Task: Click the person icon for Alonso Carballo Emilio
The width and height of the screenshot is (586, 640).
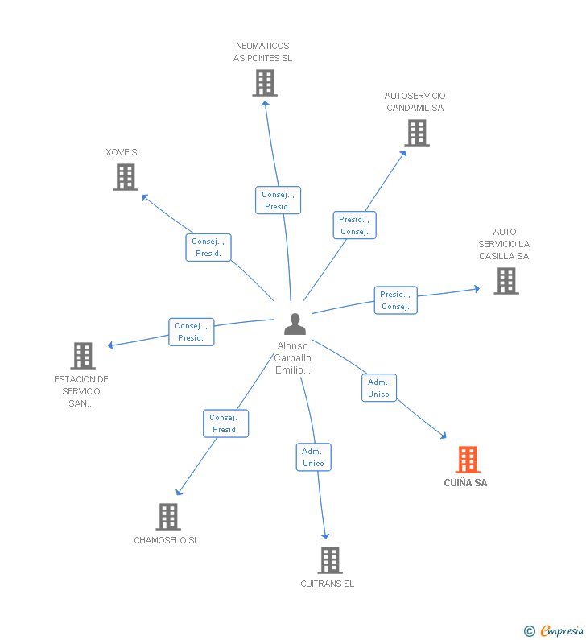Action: coord(295,324)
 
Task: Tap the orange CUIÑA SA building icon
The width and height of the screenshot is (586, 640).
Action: coord(468,460)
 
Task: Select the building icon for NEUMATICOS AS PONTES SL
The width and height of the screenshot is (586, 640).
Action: coord(264,83)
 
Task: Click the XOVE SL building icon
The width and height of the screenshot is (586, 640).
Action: coord(126,177)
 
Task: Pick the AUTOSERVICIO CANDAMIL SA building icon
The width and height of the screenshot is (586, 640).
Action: coord(416,133)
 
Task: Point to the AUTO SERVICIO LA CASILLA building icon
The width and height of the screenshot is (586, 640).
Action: coord(506,281)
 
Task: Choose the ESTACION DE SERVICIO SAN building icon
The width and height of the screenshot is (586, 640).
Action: coord(83,355)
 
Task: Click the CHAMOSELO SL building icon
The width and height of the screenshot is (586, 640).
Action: coord(167,517)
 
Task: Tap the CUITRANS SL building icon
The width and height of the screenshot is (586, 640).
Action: coord(329,560)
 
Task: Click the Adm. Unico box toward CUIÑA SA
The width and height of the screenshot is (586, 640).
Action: coord(378,388)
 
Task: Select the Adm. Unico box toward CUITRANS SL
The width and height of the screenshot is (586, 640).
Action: coord(313,457)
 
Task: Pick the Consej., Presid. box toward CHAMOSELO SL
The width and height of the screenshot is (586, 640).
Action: coord(225,423)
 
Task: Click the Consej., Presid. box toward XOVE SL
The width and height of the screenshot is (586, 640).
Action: coord(208,247)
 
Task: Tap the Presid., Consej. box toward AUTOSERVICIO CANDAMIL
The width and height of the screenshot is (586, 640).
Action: coord(354,225)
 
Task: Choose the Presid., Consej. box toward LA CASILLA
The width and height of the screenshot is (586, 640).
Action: coord(395,300)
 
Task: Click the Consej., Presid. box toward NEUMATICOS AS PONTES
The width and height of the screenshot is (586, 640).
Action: coord(278,200)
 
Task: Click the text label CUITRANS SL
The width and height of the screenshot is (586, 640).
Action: coord(327,584)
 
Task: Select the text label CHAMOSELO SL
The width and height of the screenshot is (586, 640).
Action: coord(166,540)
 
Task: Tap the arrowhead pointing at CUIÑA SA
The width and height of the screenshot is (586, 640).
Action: coord(443,436)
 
